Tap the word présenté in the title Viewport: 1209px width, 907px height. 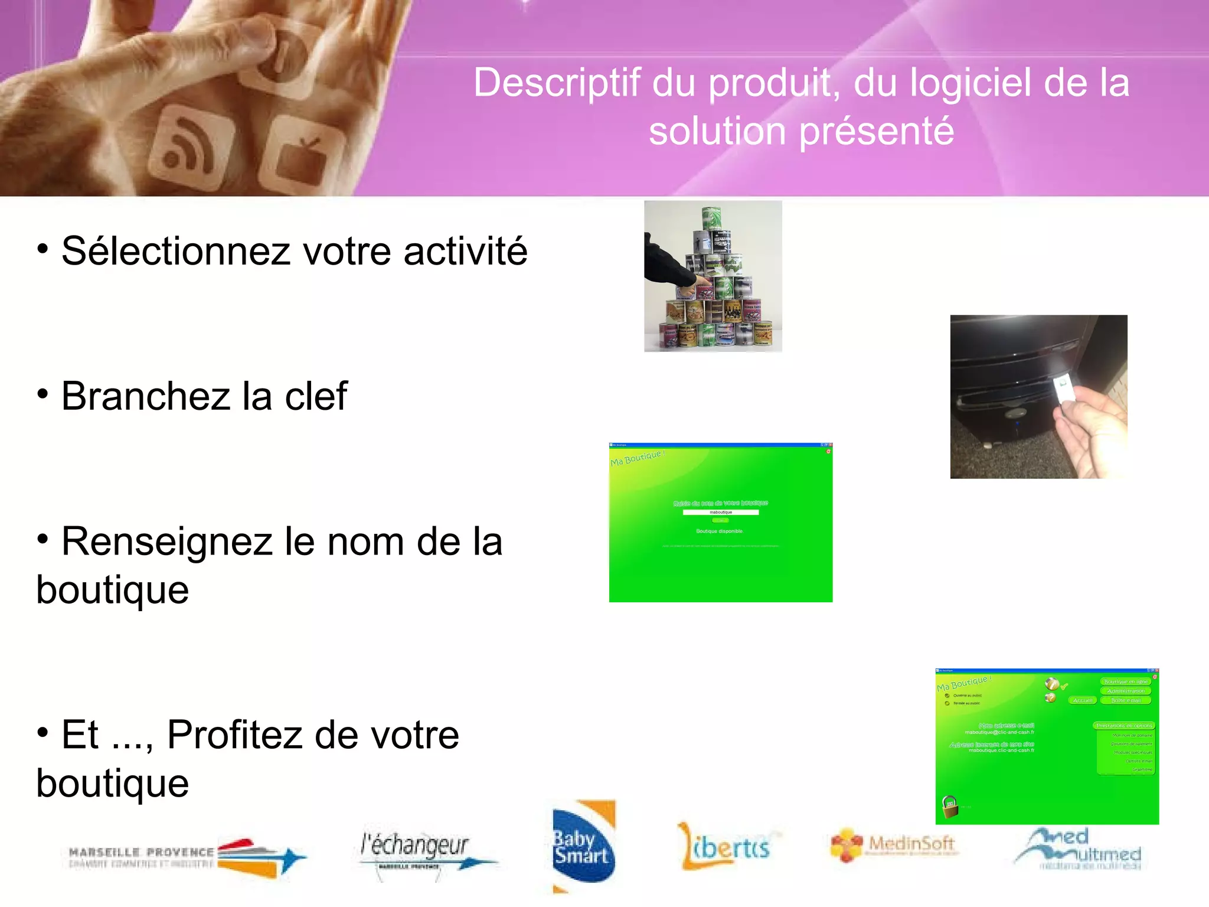[876, 131]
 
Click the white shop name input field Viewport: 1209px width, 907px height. [720, 513]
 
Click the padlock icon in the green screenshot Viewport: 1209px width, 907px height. [950, 806]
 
